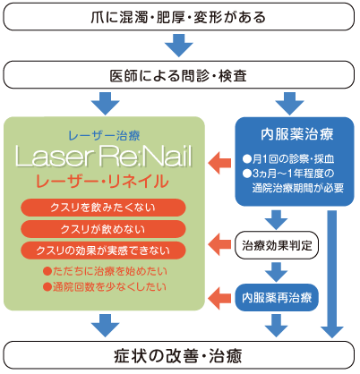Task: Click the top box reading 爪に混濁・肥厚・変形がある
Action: (x=179, y=18)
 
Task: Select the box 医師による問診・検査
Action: (x=179, y=72)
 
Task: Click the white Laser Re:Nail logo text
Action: (x=108, y=157)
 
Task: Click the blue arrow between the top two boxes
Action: (x=179, y=44)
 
